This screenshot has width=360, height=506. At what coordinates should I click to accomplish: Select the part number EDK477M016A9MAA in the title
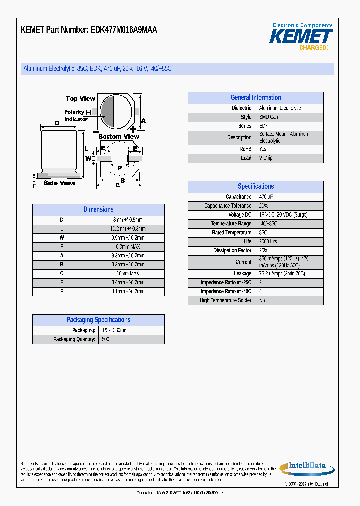pyautogui.click(x=124, y=30)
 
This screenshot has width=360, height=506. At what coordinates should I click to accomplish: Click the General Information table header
pyautogui.click(x=255, y=98)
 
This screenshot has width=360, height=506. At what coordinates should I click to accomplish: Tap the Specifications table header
pyautogui.click(x=255, y=186)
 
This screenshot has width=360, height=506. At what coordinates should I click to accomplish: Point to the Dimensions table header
pyautogui.click(x=98, y=210)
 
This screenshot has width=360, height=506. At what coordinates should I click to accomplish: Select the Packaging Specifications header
pyautogui.click(x=98, y=320)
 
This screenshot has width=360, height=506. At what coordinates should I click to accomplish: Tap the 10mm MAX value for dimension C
pyautogui.click(x=128, y=274)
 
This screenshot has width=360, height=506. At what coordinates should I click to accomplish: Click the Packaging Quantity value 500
pyautogui.click(x=106, y=339)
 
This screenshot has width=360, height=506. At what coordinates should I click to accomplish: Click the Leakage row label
pyautogui.click(x=243, y=274)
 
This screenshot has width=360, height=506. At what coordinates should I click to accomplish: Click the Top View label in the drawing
pyautogui.click(x=80, y=99)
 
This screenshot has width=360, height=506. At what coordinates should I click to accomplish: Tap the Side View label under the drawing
pyautogui.click(x=59, y=183)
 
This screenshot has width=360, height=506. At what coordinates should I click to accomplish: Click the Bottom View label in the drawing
pyautogui.click(x=119, y=137)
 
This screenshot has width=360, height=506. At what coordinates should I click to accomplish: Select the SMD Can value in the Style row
pyautogui.click(x=269, y=117)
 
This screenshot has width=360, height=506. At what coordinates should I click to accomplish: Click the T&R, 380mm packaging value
pyautogui.click(x=115, y=330)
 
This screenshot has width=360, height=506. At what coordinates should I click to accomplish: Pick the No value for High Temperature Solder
pyautogui.click(x=262, y=300)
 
